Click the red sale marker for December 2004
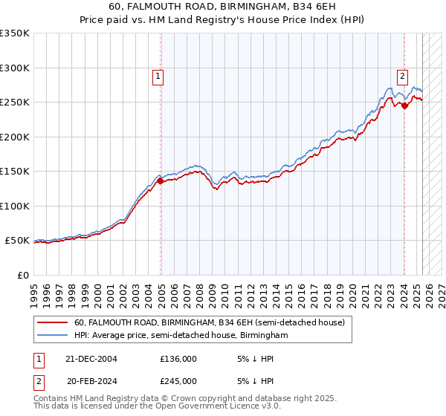click(161, 181)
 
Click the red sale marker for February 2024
click(404, 105)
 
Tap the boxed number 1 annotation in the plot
click(158, 75)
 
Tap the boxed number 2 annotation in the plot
click(402, 75)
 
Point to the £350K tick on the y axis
click(14, 33)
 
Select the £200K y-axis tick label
click(14, 137)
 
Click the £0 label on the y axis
click(22, 275)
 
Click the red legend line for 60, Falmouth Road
click(52, 323)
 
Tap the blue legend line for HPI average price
click(52, 336)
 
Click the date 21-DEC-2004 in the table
click(91, 359)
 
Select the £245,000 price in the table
click(178, 380)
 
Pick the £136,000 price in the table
click(178, 359)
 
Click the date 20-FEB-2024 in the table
click(91, 380)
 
